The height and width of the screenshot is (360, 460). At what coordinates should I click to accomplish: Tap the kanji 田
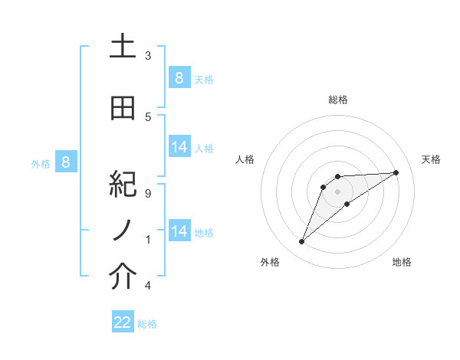point(123,109)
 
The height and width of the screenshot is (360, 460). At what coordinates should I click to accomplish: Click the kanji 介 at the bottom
point(123,278)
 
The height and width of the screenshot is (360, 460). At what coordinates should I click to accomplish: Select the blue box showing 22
point(123,322)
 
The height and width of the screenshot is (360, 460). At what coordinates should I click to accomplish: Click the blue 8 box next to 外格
point(66,162)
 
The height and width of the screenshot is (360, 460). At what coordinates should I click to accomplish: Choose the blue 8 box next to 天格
point(179,77)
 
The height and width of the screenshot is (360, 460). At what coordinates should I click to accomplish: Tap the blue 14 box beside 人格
point(179,146)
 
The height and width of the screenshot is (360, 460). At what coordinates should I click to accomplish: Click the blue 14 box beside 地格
point(179,231)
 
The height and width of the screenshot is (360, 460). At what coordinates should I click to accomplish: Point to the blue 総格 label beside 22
point(147,324)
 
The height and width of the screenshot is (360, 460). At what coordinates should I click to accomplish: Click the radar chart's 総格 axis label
point(337,100)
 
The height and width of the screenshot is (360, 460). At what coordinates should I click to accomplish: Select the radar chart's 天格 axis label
point(431,159)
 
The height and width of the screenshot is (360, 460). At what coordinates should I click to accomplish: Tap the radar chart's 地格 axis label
point(402,262)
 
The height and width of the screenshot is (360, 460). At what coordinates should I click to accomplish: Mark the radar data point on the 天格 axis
point(396,172)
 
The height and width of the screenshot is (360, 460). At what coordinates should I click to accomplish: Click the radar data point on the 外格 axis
point(302,242)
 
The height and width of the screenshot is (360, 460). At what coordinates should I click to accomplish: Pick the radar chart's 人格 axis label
point(245,159)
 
